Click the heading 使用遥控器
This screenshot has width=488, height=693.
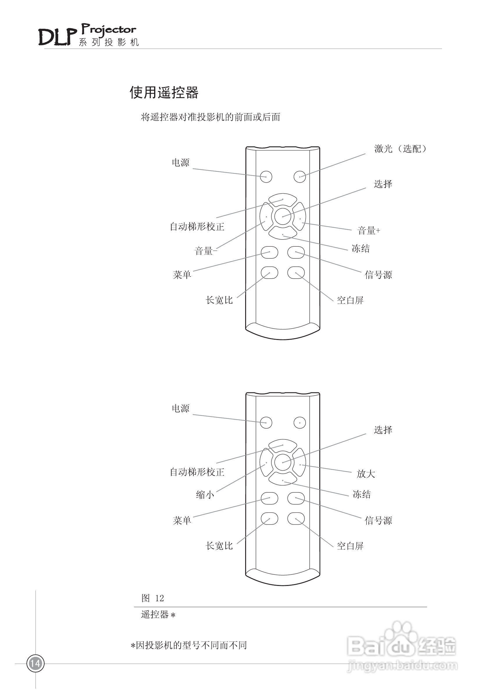pos(164,92)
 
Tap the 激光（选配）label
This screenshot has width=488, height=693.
pos(400,149)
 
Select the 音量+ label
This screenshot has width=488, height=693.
pos(368,231)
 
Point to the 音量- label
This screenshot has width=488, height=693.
pos(206,251)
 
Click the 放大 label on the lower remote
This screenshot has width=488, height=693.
pos(366,474)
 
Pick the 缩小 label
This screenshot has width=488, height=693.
pos(205,495)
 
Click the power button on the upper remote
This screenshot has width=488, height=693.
pos(266,177)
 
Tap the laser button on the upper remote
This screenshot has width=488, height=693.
pos(300,177)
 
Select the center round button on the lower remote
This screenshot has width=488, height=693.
pos(283,462)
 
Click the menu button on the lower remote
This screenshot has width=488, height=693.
pos(269,498)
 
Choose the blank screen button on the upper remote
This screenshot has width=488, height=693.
pos(296,272)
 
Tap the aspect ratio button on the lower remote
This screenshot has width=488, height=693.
pos(269,519)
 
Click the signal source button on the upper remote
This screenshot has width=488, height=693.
pos(296,252)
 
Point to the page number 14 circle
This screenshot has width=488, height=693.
pos(35,663)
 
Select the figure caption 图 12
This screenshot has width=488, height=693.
pos(152,598)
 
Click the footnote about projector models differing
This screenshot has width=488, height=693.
pos(189,645)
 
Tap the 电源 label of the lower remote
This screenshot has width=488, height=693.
pos(180,408)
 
